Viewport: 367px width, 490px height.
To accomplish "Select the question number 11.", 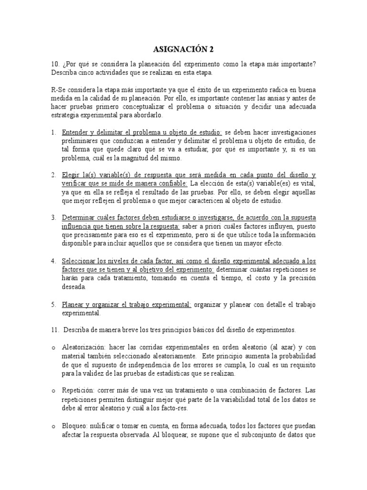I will tap(54, 330).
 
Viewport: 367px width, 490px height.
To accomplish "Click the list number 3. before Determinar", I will tap(54, 218).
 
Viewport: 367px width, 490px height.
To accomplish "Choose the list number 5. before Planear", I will tap(54, 304).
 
